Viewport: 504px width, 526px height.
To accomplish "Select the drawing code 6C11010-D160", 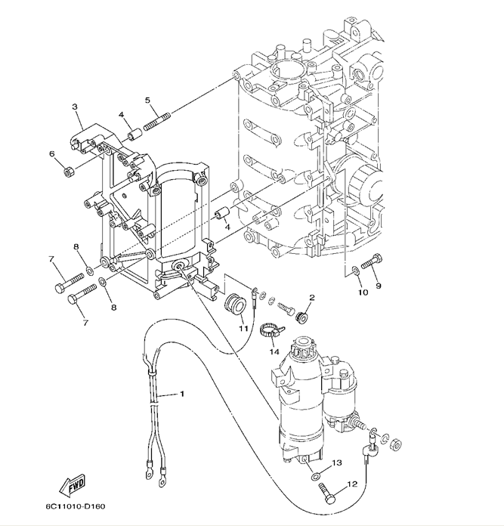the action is [76, 506].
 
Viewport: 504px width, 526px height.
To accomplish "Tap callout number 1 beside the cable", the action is [182, 394].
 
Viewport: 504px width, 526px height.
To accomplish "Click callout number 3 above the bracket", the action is [75, 107].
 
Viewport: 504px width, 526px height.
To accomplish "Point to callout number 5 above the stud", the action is [147, 100].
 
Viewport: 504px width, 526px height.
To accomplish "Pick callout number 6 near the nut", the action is [51, 154].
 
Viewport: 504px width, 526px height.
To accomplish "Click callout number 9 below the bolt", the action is [379, 286].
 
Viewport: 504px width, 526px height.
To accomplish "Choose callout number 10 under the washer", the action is [363, 292].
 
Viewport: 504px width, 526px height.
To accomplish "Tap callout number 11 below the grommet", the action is [243, 328].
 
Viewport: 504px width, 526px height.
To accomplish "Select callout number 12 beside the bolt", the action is [352, 484].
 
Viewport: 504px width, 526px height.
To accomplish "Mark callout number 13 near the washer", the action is [337, 463].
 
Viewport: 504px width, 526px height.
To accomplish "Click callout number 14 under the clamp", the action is [274, 351].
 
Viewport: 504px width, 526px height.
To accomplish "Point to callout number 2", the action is [312, 298].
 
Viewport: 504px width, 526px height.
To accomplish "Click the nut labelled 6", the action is [69, 172].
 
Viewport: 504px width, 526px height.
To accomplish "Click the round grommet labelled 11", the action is [236, 305].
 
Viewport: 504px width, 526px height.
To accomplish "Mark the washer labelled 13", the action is [316, 476].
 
